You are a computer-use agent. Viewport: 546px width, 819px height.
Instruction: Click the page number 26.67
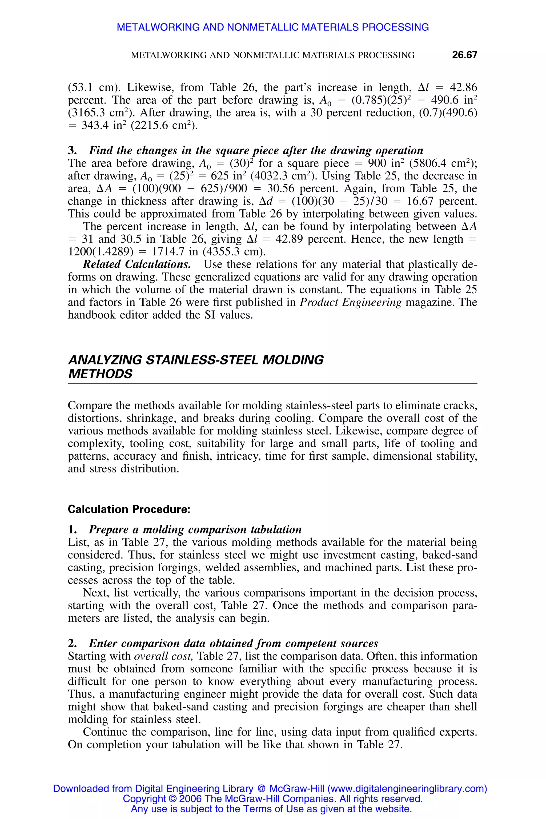[464, 55]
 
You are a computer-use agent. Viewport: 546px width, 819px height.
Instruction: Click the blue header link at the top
[273, 27]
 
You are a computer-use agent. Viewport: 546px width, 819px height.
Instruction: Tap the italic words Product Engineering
[351, 302]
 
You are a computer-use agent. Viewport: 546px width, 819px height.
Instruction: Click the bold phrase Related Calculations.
[137, 264]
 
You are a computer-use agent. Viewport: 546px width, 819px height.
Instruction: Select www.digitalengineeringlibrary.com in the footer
[407, 789]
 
